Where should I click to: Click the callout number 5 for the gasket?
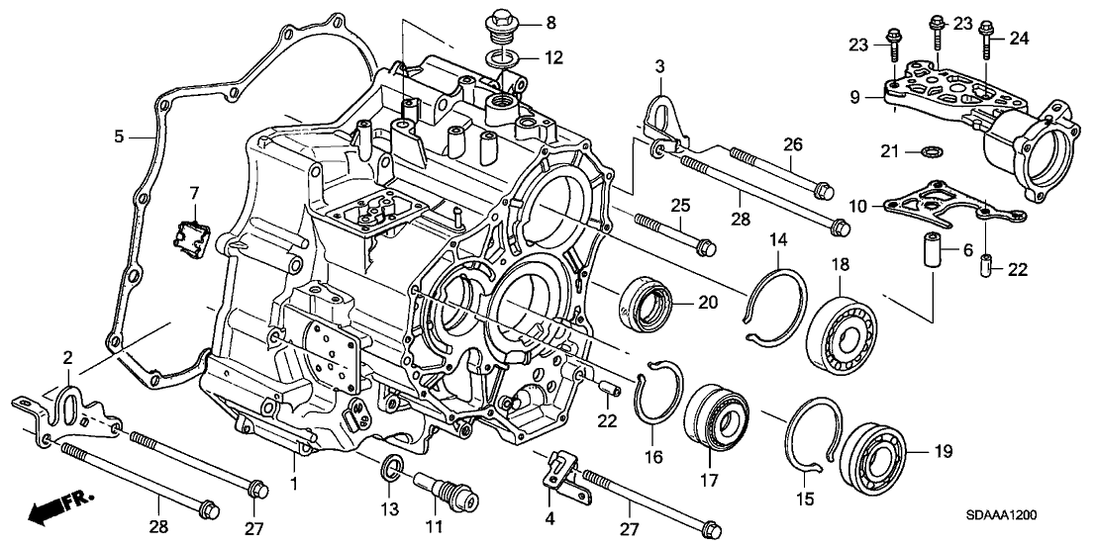[x=119, y=137]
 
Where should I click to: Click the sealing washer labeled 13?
[x=392, y=467]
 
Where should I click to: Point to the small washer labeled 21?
[x=930, y=151]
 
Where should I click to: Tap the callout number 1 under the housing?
[x=294, y=482]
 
